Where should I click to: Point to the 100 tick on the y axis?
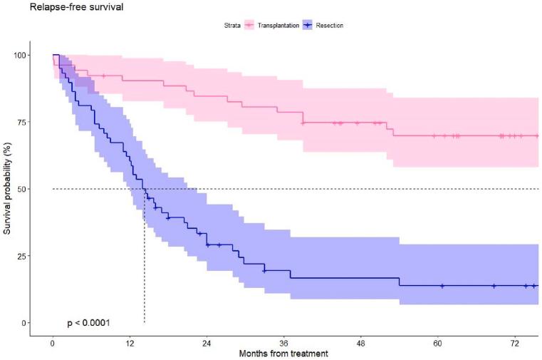click(25, 55)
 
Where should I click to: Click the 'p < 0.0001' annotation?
click(88, 322)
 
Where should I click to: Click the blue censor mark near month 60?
click(442, 286)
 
